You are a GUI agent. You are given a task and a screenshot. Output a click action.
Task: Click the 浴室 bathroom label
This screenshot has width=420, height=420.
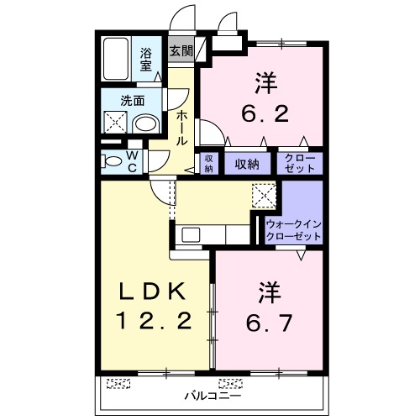click(146, 60)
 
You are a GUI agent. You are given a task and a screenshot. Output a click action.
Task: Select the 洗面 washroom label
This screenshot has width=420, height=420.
click(132, 101)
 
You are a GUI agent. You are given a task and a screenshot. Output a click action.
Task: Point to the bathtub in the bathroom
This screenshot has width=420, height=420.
click(116, 57)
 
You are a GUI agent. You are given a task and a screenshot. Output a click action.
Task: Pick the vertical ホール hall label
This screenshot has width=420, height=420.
click(181, 127)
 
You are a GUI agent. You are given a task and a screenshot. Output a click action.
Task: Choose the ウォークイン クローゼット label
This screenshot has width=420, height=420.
click(292, 231)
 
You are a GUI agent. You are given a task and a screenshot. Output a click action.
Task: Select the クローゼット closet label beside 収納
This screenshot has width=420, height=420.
click(297, 163)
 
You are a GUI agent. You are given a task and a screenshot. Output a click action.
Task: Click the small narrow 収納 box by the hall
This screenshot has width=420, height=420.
click(208, 163)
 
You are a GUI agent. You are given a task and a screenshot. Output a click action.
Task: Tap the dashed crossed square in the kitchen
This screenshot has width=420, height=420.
click(265, 195)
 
